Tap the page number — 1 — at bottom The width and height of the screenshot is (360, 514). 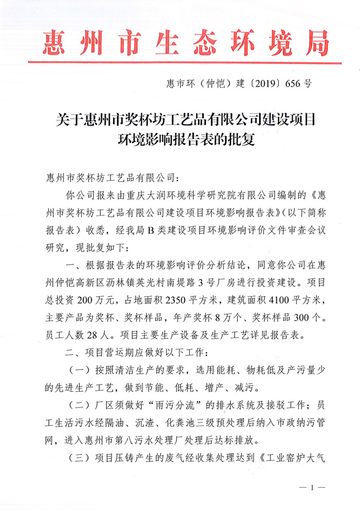pos(308,487)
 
